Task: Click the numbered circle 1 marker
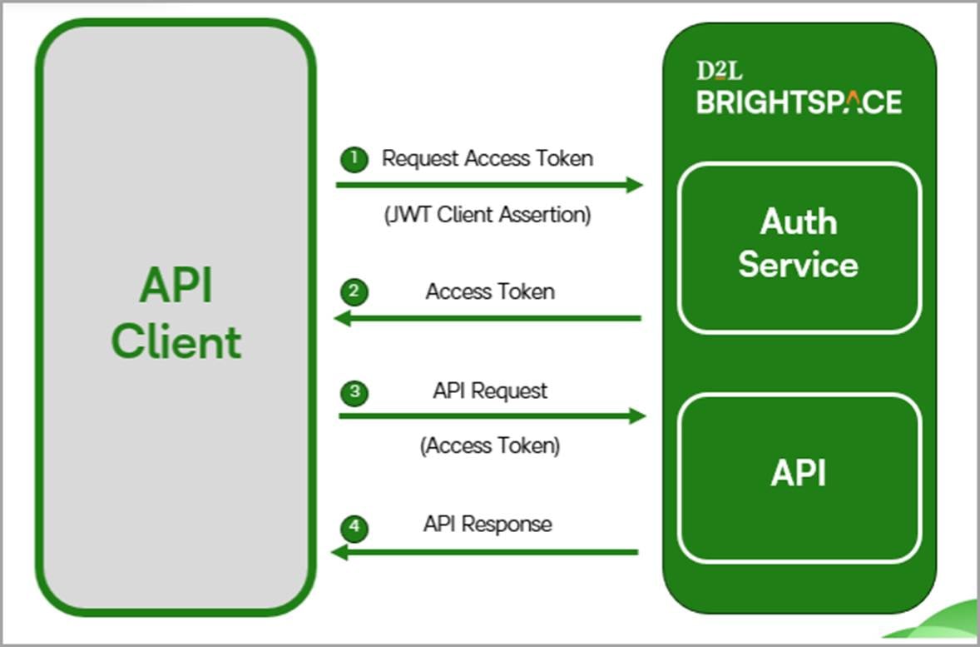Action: [x=354, y=159]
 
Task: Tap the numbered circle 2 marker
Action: [x=354, y=291]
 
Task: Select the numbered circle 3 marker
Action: [x=354, y=392]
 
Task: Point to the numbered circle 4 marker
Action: [x=354, y=526]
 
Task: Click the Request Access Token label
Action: [x=487, y=158]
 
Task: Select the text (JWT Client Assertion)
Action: [x=488, y=215]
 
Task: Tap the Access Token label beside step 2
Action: [x=490, y=291]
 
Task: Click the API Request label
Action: [x=490, y=391]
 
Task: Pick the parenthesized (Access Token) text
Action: [x=490, y=445]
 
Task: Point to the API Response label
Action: [x=488, y=524]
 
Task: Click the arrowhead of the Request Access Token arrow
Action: [x=635, y=185]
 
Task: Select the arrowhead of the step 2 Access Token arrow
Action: [x=342, y=318]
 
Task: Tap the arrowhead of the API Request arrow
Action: [x=637, y=416]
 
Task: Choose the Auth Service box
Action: [x=799, y=247]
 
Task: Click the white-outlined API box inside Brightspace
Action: [x=799, y=477]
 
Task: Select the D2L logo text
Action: [x=719, y=72]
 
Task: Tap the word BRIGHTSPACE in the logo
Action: [x=799, y=102]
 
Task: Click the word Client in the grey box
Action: [x=176, y=342]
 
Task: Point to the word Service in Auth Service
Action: [x=799, y=265]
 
